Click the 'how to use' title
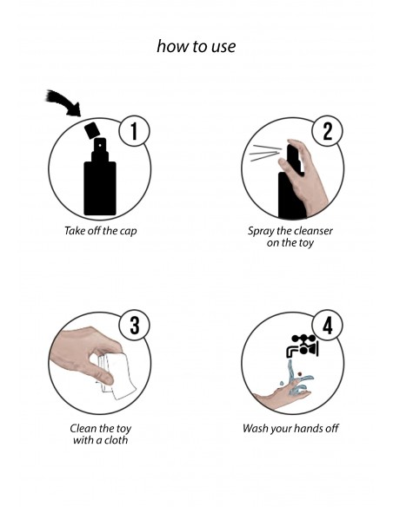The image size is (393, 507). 196,46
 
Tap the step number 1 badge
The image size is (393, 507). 133,132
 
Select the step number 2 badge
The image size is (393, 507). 327,132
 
